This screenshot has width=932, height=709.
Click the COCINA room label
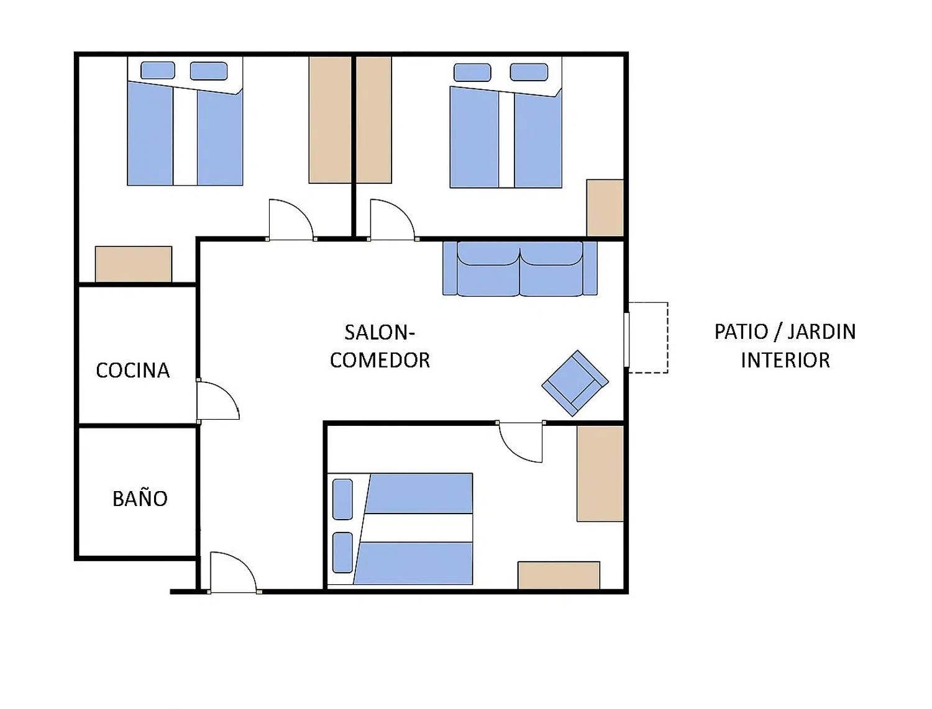132,371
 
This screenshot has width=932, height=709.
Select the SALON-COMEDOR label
380,346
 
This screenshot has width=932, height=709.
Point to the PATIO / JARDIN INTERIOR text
785,346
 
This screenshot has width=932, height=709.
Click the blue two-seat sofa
519,268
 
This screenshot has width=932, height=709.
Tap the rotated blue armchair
575,383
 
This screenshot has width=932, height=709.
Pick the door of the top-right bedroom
392,219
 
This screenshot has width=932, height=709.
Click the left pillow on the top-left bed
158,70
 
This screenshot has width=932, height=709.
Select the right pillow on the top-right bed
529,72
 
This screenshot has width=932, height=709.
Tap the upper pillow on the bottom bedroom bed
342,499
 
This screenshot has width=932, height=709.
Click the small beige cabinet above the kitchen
134,264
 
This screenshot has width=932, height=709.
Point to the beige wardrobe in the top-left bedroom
329,120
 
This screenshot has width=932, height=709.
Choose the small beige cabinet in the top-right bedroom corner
605,207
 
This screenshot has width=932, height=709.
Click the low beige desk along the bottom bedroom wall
559,576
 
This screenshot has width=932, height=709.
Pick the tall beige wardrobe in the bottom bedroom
600,474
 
